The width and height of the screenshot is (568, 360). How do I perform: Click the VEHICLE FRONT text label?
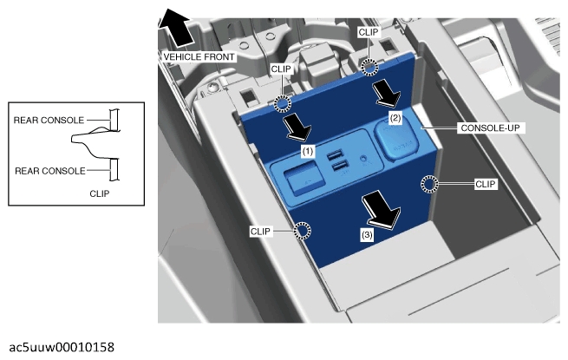[x=199, y=57]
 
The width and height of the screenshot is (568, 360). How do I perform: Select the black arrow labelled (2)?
[x=386, y=94]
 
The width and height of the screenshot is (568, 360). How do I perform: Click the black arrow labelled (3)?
[x=381, y=210]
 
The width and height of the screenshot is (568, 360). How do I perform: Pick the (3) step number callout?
[x=367, y=235]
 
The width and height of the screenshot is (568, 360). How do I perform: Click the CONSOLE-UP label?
[x=490, y=128]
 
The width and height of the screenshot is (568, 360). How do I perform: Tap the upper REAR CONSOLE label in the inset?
[x=49, y=120]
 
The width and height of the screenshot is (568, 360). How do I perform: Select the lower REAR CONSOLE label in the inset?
[x=50, y=171]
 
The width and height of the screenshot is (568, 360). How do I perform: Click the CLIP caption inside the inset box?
[x=100, y=193]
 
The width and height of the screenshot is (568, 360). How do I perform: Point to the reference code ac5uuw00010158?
[x=62, y=347]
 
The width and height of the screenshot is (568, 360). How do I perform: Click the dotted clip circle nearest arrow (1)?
[x=282, y=104]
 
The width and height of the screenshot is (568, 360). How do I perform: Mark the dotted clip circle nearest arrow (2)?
[x=369, y=67]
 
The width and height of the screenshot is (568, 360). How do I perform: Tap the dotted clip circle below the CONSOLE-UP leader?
[x=429, y=184]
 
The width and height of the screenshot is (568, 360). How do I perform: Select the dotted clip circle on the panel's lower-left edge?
[x=302, y=231]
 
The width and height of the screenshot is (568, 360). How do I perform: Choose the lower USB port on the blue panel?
[x=338, y=167]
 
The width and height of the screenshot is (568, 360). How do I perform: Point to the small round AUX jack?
[x=362, y=159]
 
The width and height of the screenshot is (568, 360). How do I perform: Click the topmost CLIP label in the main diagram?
[x=369, y=32]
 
